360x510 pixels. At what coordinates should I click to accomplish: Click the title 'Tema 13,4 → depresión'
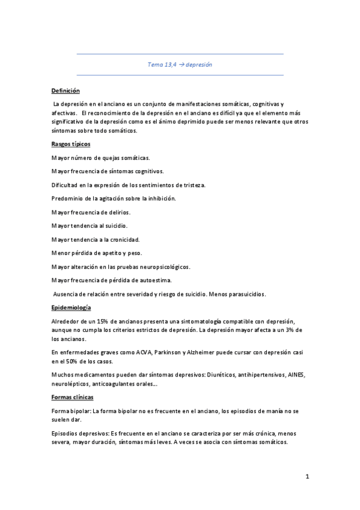point(180,64)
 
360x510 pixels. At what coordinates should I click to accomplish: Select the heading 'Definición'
point(66,90)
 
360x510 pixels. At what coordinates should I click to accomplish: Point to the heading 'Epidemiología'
point(70,308)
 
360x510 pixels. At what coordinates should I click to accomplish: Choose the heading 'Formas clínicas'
point(73,398)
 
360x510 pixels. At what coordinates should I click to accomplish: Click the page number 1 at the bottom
point(307,478)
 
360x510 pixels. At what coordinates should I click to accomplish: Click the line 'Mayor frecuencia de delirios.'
point(91,212)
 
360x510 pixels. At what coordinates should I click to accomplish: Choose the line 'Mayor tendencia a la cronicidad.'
point(96,239)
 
